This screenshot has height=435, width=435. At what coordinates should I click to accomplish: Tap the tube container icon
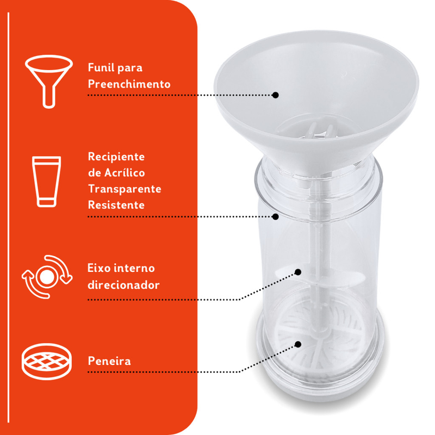coord(46,182)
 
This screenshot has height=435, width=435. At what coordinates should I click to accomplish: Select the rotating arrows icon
coord(47,277)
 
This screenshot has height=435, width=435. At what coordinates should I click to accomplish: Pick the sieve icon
coord(47,361)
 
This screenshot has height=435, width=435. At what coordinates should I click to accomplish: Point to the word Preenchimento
coord(129,84)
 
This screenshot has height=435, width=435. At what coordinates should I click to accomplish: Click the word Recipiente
coord(116,157)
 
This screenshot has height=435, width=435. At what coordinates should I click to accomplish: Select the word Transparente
coord(125,189)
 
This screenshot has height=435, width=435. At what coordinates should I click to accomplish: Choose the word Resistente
coord(116,205)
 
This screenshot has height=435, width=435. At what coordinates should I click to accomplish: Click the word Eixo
coord(99,268)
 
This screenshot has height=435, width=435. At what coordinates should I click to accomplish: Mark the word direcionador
coord(123,285)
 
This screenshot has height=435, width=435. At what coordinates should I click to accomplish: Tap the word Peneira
coord(109,361)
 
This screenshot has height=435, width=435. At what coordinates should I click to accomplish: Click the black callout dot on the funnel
coord(275,95)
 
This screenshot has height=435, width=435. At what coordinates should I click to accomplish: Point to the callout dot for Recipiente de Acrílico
coord(275,216)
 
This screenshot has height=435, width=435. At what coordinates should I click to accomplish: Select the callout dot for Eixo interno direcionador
coord(298,272)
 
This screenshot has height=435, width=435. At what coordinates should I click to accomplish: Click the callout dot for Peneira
coord(298,344)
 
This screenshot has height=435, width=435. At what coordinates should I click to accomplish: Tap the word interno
coord(134,268)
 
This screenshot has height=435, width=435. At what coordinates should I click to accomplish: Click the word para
coord(130,69)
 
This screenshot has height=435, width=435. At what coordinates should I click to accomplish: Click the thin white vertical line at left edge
coord(8,217)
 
